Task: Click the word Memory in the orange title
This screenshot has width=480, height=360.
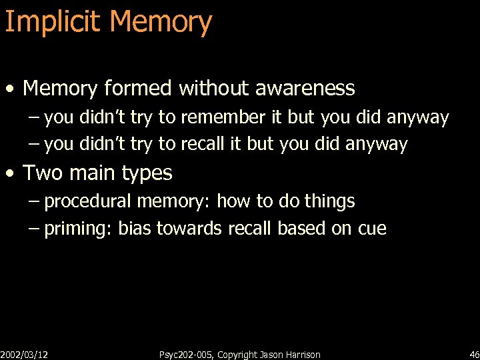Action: [161, 22]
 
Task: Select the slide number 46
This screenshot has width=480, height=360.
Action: [474, 355]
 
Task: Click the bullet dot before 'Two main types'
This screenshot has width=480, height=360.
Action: [10, 174]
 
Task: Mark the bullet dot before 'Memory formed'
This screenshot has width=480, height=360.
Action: [10, 89]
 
